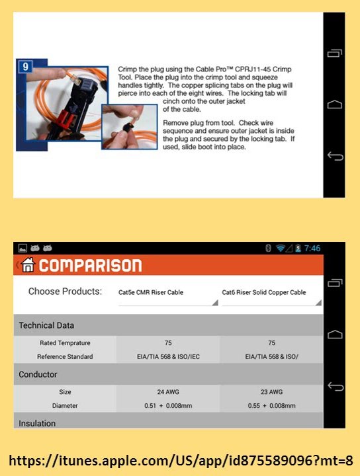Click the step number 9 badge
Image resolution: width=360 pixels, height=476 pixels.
(x=26, y=67)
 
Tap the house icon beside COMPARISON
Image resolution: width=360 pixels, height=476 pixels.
(x=28, y=264)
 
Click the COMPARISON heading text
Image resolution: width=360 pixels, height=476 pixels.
(x=90, y=266)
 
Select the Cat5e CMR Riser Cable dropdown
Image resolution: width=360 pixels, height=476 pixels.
(x=168, y=296)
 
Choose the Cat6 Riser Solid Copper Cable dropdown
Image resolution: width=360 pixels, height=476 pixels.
(x=271, y=296)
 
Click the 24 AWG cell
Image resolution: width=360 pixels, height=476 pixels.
(x=168, y=392)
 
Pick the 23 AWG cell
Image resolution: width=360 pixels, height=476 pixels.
(x=271, y=392)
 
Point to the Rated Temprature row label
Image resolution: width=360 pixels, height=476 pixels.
(x=65, y=343)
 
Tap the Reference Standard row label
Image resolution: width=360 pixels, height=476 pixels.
(x=65, y=357)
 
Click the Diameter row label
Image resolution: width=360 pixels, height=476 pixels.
(x=65, y=405)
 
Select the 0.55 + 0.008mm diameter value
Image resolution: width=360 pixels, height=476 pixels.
(x=271, y=405)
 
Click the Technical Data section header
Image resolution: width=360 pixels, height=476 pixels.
(x=46, y=325)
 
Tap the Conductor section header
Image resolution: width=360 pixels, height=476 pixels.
(x=38, y=374)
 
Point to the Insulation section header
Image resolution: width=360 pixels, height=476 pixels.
(x=37, y=423)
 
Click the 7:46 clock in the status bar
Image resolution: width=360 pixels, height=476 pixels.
(x=312, y=249)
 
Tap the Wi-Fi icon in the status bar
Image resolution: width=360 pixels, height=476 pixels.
(x=280, y=249)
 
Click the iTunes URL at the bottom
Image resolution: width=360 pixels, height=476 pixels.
(x=181, y=461)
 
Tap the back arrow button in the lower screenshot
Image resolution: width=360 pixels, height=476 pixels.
(x=336, y=387)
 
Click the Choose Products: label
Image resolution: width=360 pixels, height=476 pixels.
(x=65, y=292)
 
